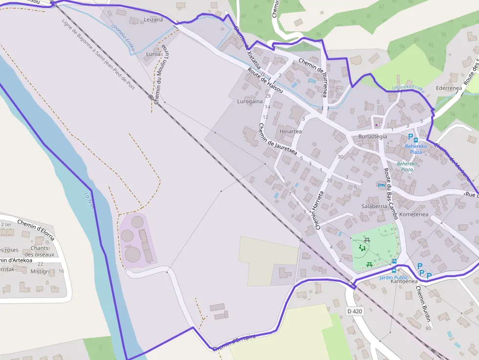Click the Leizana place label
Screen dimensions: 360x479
(153, 20)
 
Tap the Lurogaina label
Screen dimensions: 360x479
(250, 102)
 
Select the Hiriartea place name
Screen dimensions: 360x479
(290, 131)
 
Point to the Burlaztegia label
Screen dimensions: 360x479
(372, 136)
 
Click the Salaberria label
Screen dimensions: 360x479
(374, 206)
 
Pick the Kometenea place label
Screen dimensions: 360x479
(414, 214)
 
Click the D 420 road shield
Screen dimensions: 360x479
(355, 311)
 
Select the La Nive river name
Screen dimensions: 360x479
(88, 201)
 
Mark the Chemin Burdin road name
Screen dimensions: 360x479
(423, 303)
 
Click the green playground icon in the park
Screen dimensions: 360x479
(362, 248)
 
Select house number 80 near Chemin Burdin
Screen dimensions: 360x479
(428, 328)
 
